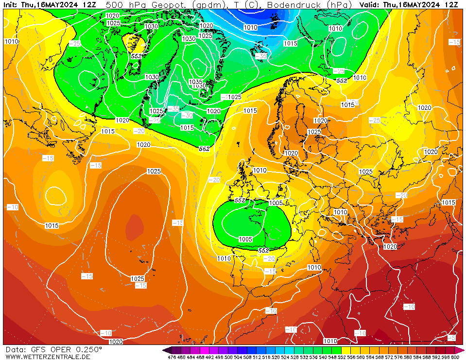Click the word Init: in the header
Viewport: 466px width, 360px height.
pyautogui.click(x=11, y=4)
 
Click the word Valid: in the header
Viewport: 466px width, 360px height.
pyautogui.click(x=370, y=4)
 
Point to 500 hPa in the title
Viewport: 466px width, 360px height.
pyautogui.click(x=121, y=4)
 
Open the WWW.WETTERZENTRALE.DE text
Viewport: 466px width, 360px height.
pyautogui.click(x=48, y=357)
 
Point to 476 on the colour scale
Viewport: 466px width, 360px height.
pyautogui.click(x=172, y=357)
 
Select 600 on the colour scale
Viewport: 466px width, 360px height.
pyautogui.click(x=455, y=357)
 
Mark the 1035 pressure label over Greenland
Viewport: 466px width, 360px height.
pyautogui.click(x=195, y=82)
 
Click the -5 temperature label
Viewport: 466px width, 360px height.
pyautogui.click(x=451, y=338)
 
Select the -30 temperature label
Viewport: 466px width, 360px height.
pyautogui.click(x=187, y=115)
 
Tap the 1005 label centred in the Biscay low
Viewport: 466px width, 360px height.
pyautogui.click(x=245, y=239)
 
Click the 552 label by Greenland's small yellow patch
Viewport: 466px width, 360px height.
pyautogui.click(x=137, y=56)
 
